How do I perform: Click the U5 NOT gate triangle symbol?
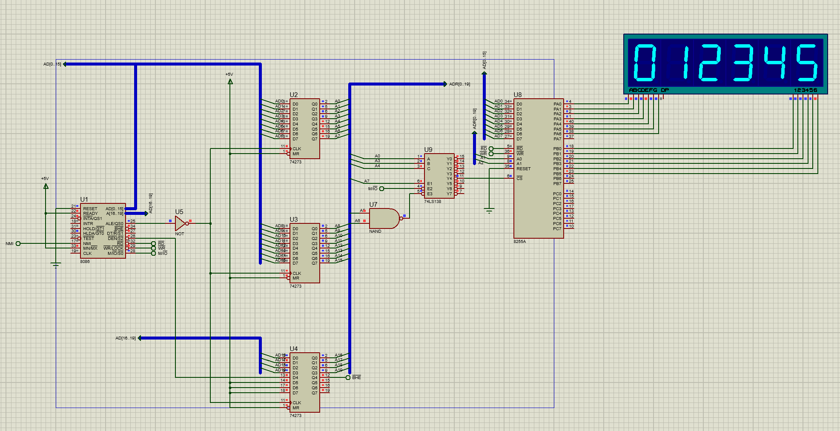pyautogui.click(x=181, y=223)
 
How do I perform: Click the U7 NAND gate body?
pyautogui.click(x=383, y=218)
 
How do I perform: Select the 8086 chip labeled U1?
pyautogui.click(x=103, y=231)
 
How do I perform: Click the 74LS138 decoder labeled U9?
pyautogui.click(x=439, y=176)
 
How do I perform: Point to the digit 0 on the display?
pyautogui.click(x=645, y=63)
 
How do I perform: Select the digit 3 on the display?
pyautogui.click(x=743, y=63)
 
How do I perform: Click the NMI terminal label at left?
pyautogui.click(x=9, y=244)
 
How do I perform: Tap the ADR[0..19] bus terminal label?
pyautogui.click(x=460, y=84)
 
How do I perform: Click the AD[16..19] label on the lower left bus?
pyautogui.click(x=125, y=338)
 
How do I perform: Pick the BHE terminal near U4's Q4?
pyautogui.click(x=356, y=378)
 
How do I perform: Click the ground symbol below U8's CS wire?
pyautogui.click(x=489, y=210)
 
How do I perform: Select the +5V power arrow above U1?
pyautogui.click(x=46, y=186)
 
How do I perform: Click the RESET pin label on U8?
pyautogui.click(x=524, y=169)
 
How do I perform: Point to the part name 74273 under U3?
pyautogui.click(x=295, y=286)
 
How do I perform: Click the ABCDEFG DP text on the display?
pyautogui.click(x=649, y=90)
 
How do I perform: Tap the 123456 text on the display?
pyautogui.click(x=806, y=90)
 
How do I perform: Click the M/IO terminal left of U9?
pyautogui.click(x=373, y=188)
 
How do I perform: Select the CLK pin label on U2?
pyautogui.click(x=297, y=149)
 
